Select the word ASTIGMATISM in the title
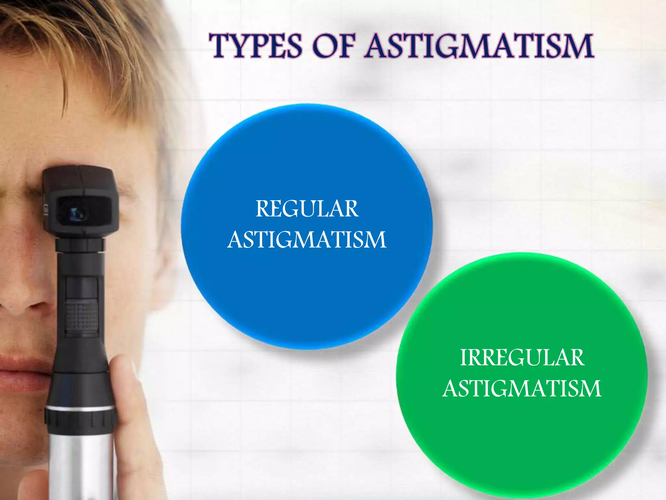click(479, 46)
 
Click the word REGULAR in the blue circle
click(307, 209)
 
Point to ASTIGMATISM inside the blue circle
click(307, 240)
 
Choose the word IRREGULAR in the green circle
click(522, 358)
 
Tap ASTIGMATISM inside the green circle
click(522, 388)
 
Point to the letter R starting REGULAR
click(262, 209)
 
